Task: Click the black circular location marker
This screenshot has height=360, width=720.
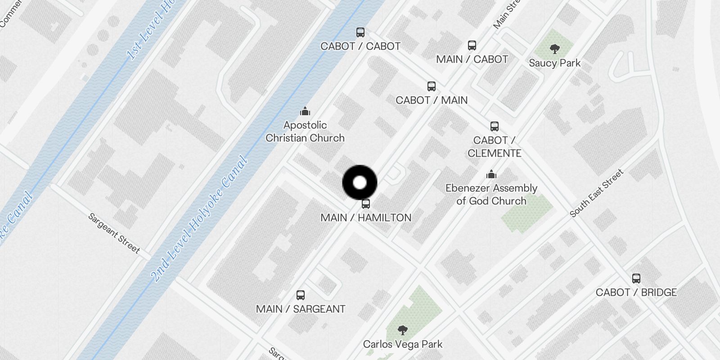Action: coord(360,183)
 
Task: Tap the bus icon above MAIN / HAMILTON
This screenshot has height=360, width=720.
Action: coord(366,204)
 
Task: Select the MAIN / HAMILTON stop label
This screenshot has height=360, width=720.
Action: coord(366,218)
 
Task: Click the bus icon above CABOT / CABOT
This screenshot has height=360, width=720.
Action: coord(360,32)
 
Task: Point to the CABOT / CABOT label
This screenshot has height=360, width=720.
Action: coord(360,46)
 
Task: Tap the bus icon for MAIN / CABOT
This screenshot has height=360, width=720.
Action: coord(472,45)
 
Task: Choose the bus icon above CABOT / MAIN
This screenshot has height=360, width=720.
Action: coord(432,86)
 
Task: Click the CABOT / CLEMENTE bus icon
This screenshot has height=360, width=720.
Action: coord(495,126)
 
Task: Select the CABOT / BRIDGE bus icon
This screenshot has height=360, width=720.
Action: coord(636,279)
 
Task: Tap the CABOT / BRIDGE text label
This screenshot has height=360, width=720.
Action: coord(636,292)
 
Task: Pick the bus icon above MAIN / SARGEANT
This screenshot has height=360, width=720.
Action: coord(301,295)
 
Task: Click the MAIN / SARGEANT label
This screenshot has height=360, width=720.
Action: coord(301,309)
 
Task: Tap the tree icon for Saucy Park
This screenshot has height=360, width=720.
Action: coord(555,49)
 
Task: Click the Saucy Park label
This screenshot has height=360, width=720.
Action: coord(555,63)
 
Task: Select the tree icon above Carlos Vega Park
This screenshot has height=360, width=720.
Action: coord(403,330)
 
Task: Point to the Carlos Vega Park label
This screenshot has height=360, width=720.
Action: coord(403,344)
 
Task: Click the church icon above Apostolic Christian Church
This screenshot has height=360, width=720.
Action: coord(305,111)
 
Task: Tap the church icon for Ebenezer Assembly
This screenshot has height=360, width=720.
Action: coord(491,174)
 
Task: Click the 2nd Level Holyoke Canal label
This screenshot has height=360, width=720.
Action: coord(199,219)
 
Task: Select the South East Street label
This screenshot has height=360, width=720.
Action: coord(597,193)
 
